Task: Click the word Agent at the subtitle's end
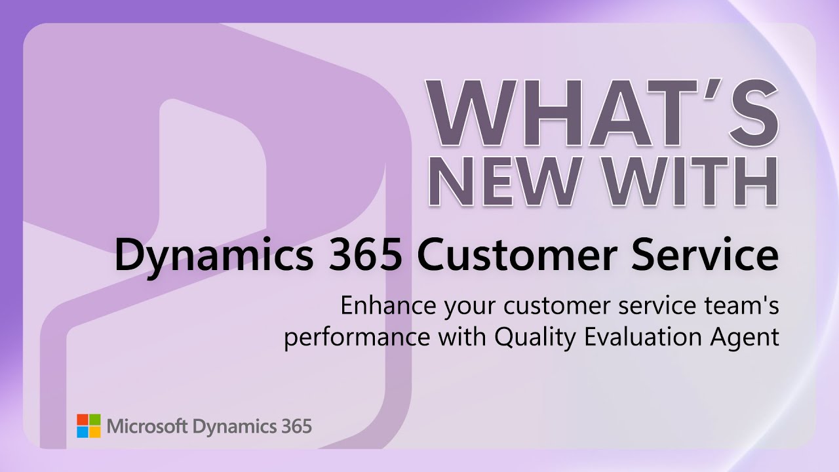(x=749, y=339)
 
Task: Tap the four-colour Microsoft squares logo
(x=88, y=426)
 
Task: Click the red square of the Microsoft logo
(x=82, y=420)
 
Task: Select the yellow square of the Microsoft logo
(x=95, y=433)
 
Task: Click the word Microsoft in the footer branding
(x=147, y=427)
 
